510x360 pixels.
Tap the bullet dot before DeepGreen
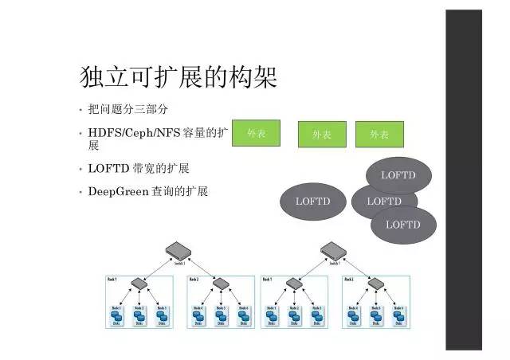80,192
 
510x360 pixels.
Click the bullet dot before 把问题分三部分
80,110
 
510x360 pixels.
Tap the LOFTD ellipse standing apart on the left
312,202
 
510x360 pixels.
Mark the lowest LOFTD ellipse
403,225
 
